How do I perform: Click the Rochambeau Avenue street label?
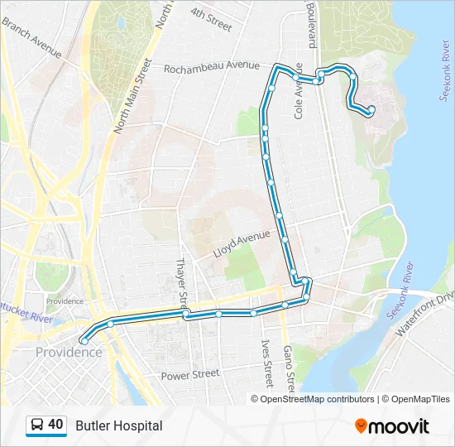coord(212,67)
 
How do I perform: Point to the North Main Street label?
coord(132,96)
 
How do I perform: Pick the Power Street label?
coord(190,374)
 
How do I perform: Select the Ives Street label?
coord(266,363)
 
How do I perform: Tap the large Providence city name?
coord(69,352)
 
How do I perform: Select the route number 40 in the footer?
coord(56,425)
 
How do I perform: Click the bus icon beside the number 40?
coord(37,425)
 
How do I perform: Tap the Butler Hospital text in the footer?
coord(118,425)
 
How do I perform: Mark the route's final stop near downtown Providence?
coord(84,341)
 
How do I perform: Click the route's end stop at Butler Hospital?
coord(371,109)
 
